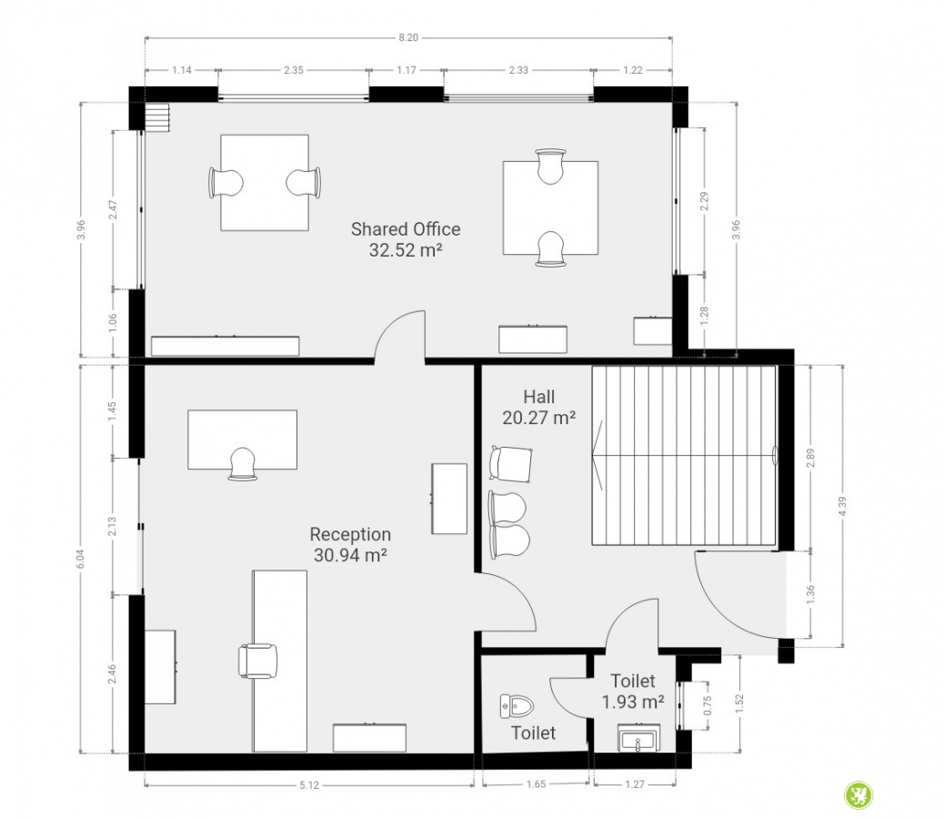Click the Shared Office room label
(406, 229)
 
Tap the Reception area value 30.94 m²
(350, 555)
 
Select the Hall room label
(538, 397)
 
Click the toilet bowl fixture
(517, 706)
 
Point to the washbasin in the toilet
(638, 738)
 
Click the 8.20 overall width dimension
(408, 37)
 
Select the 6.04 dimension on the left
(81, 559)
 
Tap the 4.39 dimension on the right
(843, 506)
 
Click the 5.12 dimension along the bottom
(309, 784)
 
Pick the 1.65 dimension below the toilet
(536, 784)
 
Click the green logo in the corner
(859, 795)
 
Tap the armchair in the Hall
(511, 464)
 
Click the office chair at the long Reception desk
(258, 661)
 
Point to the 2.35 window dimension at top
(293, 70)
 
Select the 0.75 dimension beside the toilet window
(708, 705)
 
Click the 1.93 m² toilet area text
(633, 702)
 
